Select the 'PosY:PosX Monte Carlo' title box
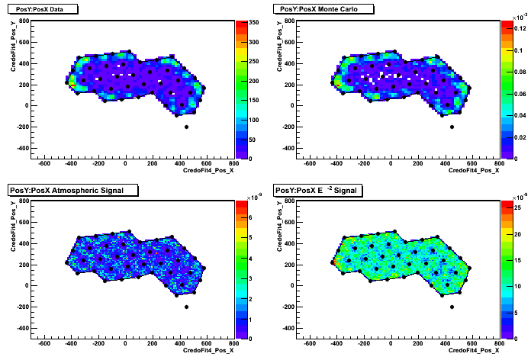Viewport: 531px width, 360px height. tap(323, 9)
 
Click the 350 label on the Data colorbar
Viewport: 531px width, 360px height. tap(253, 22)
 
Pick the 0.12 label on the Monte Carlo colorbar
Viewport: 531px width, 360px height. tap(520, 28)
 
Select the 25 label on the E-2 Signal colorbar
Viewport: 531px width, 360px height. tap(518, 207)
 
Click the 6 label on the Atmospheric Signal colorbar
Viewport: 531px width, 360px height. tap(250, 217)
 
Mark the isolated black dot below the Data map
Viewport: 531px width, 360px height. tap(186, 127)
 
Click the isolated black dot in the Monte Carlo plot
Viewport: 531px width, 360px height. tap(452, 127)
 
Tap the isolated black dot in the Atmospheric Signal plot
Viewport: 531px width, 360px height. tap(186, 307)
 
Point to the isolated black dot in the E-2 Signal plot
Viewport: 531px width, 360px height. tap(452, 307)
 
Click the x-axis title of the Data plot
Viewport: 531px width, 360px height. tap(208, 170)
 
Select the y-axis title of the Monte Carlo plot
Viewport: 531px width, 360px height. tap(279, 47)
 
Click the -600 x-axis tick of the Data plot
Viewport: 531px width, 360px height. tap(43, 163)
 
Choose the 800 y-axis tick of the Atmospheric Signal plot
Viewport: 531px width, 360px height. tap(24, 201)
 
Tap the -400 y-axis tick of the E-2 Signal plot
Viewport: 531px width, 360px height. tap(288, 328)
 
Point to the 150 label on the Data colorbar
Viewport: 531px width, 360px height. tap(253, 100)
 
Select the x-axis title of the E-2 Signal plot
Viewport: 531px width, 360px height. tap(474, 350)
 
